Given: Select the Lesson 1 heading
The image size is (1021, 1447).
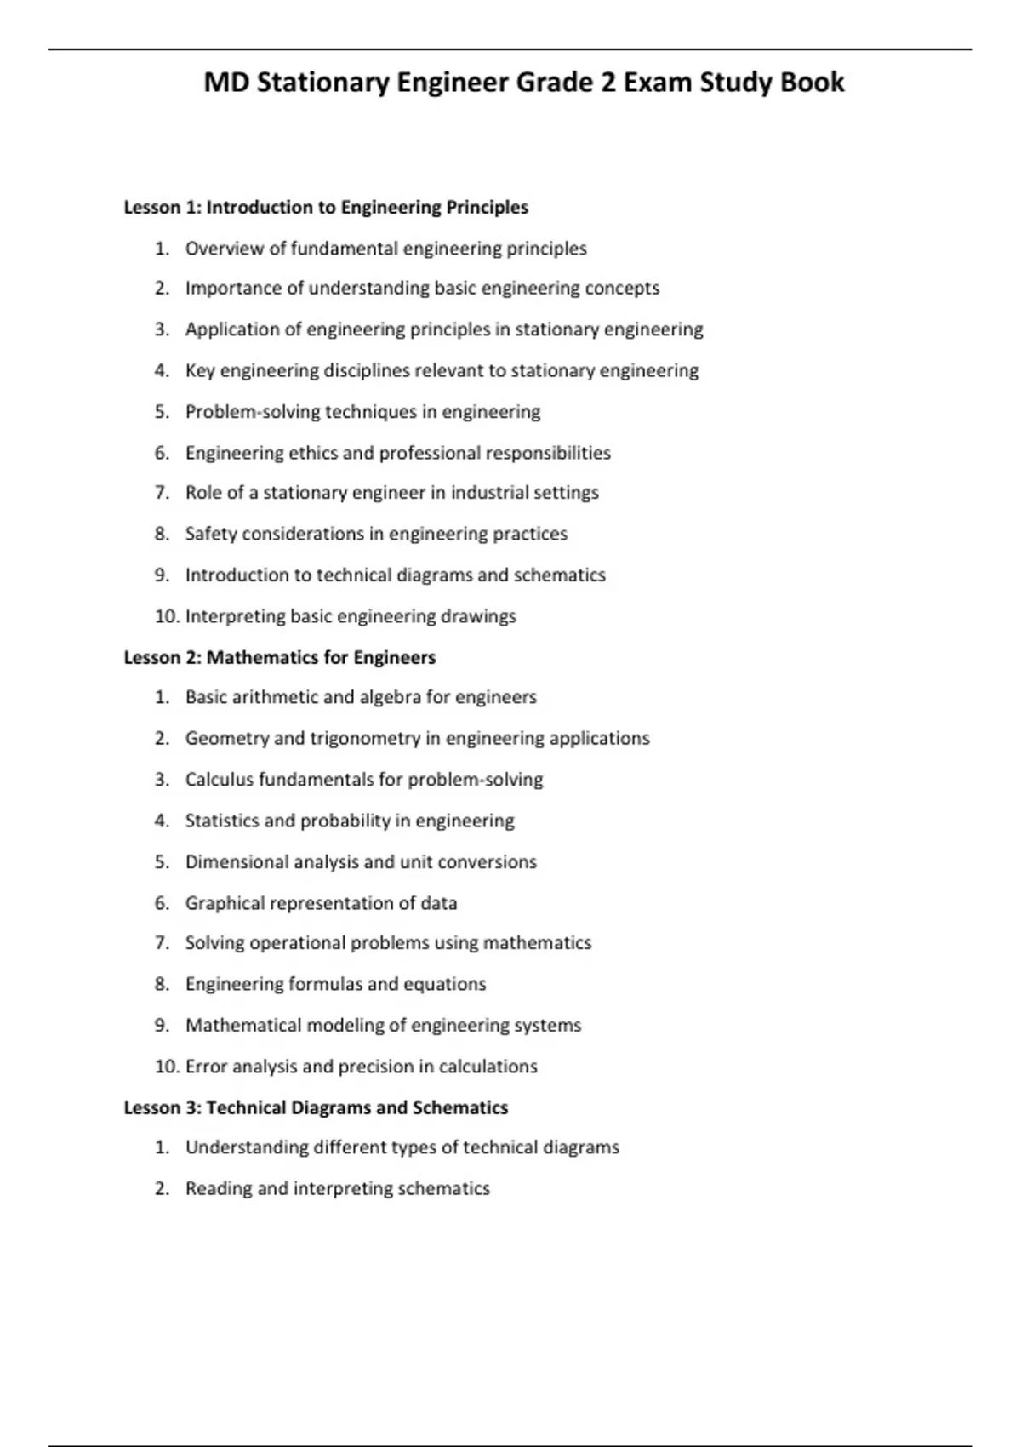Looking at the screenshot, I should [x=326, y=208].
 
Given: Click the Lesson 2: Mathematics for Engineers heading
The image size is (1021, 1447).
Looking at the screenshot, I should [x=279, y=657].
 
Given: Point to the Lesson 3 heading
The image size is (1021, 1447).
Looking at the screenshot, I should [x=316, y=1107].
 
